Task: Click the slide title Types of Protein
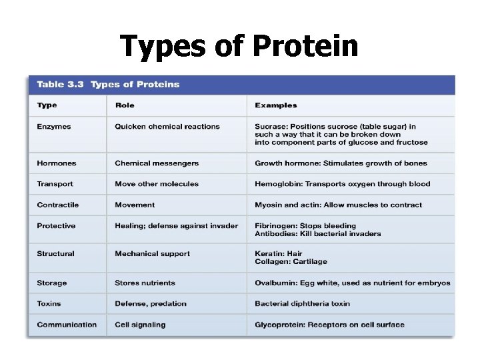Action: pyautogui.click(x=239, y=47)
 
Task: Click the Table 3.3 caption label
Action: pyautogui.click(x=108, y=85)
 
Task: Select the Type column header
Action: pyautogui.click(x=47, y=105)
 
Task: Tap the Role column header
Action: pyautogui.click(x=125, y=105)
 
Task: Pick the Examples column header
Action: pyautogui.click(x=276, y=105)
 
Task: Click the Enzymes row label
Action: pyautogui.click(x=54, y=127)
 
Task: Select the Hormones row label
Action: pyautogui.click(x=57, y=163)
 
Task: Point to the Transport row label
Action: pyautogui.click(x=55, y=184)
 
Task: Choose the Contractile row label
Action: pyautogui.click(x=58, y=205)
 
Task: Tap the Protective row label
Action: pyautogui.click(x=57, y=226)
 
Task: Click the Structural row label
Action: pyautogui.click(x=56, y=254)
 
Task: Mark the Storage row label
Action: pyautogui.click(x=52, y=283)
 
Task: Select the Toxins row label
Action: pyautogui.click(x=49, y=304)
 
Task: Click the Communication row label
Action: pyautogui.click(x=67, y=325)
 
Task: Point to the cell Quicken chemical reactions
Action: pyautogui.click(x=167, y=127)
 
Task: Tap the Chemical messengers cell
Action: pyautogui.click(x=157, y=163)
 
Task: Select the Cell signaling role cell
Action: pyautogui.click(x=140, y=325)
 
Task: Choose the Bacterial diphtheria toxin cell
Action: pyautogui.click(x=302, y=304)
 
